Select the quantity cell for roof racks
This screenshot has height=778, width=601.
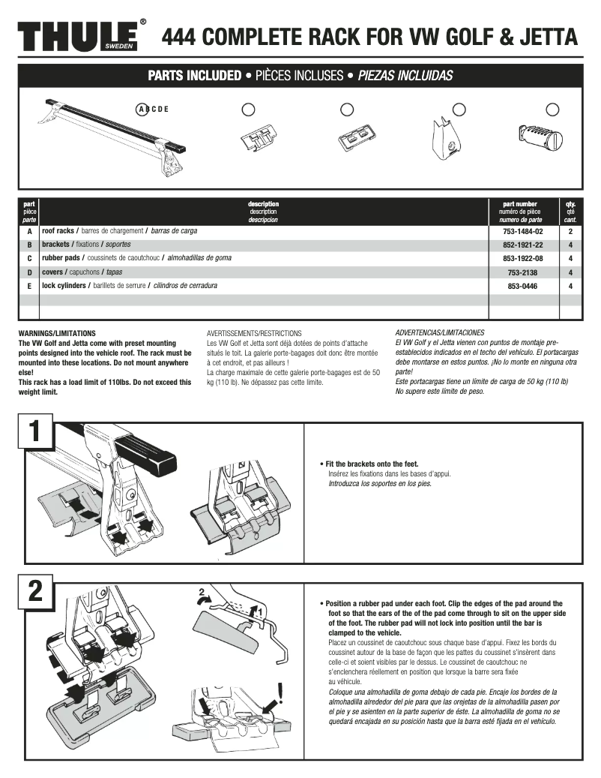click(x=570, y=232)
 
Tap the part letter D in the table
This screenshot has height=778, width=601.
click(x=29, y=272)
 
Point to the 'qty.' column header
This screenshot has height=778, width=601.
click(x=570, y=203)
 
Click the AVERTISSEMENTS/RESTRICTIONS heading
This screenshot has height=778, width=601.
click(x=253, y=332)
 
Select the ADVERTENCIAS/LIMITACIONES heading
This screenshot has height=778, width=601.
click(x=439, y=332)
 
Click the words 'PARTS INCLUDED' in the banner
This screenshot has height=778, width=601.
click(x=194, y=76)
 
